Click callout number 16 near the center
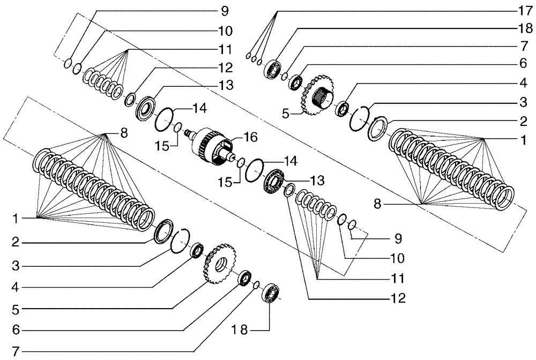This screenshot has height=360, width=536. pyautogui.click(x=250, y=138)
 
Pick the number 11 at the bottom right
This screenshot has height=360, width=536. pyautogui.click(x=397, y=279)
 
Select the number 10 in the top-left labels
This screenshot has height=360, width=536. pyautogui.click(x=209, y=29)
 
